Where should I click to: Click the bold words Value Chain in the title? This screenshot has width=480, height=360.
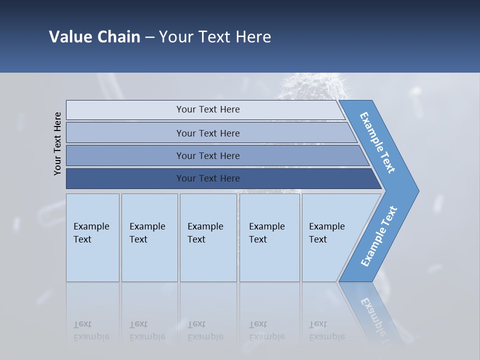pyautogui.click(x=94, y=37)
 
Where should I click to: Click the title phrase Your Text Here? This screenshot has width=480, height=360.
pyautogui.click(x=215, y=37)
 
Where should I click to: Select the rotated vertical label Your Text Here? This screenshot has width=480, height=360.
pyautogui.click(x=57, y=143)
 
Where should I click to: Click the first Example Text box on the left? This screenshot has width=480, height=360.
pyautogui.click(x=92, y=237)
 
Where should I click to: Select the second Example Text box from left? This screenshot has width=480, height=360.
pyautogui.click(x=149, y=237)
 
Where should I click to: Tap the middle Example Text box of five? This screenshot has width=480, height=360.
pyautogui.click(x=207, y=237)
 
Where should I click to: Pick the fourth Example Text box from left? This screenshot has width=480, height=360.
pyautogui.click(x=269, y=237)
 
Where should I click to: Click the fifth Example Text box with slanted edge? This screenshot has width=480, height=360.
pyautogui.click(x=330, y=237)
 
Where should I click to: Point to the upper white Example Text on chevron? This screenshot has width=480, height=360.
pyautogui.click(x=377, y=142)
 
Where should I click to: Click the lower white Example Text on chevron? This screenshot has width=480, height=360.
pyautogui.click(x=378, y=236)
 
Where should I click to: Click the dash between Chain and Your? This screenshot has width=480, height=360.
pyautogui.click(x=149, y=37)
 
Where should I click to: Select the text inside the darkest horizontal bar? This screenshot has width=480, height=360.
pyautogui.click(x=208, y=178)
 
